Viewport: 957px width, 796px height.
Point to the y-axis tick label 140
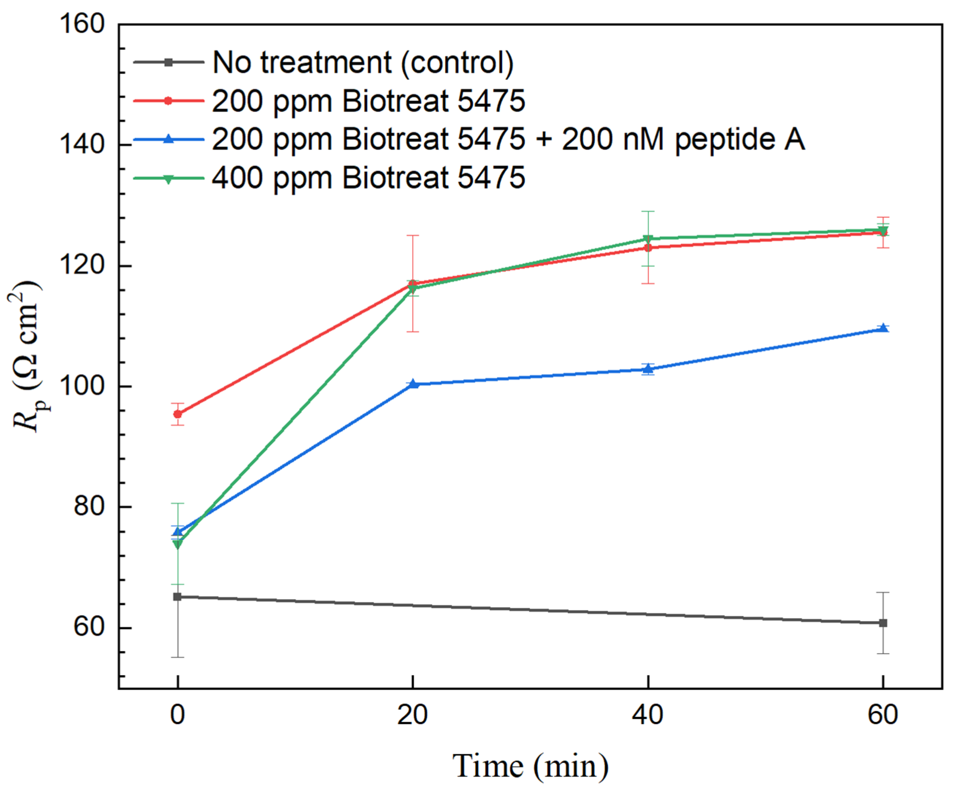point(82,145)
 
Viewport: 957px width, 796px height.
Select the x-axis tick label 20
point(412,714)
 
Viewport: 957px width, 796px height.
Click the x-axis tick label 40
point(647,714)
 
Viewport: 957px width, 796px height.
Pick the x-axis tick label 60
point(883,714)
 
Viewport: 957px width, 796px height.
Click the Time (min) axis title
point(530,766)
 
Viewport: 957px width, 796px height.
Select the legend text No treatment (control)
point(363,62)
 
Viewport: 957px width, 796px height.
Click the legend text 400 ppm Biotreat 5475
point(369,178)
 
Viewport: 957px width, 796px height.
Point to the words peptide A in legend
point(739,139)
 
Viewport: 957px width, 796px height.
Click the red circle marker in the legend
point(168,101)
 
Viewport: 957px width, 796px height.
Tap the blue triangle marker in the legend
point(168,139)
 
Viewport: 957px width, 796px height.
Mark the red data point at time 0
point(178,414)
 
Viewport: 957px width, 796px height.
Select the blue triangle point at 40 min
point(647,369)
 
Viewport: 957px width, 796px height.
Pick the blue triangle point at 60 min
point(883,328)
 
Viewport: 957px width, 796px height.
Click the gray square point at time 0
point(178,596)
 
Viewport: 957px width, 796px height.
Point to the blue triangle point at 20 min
point(413,384)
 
